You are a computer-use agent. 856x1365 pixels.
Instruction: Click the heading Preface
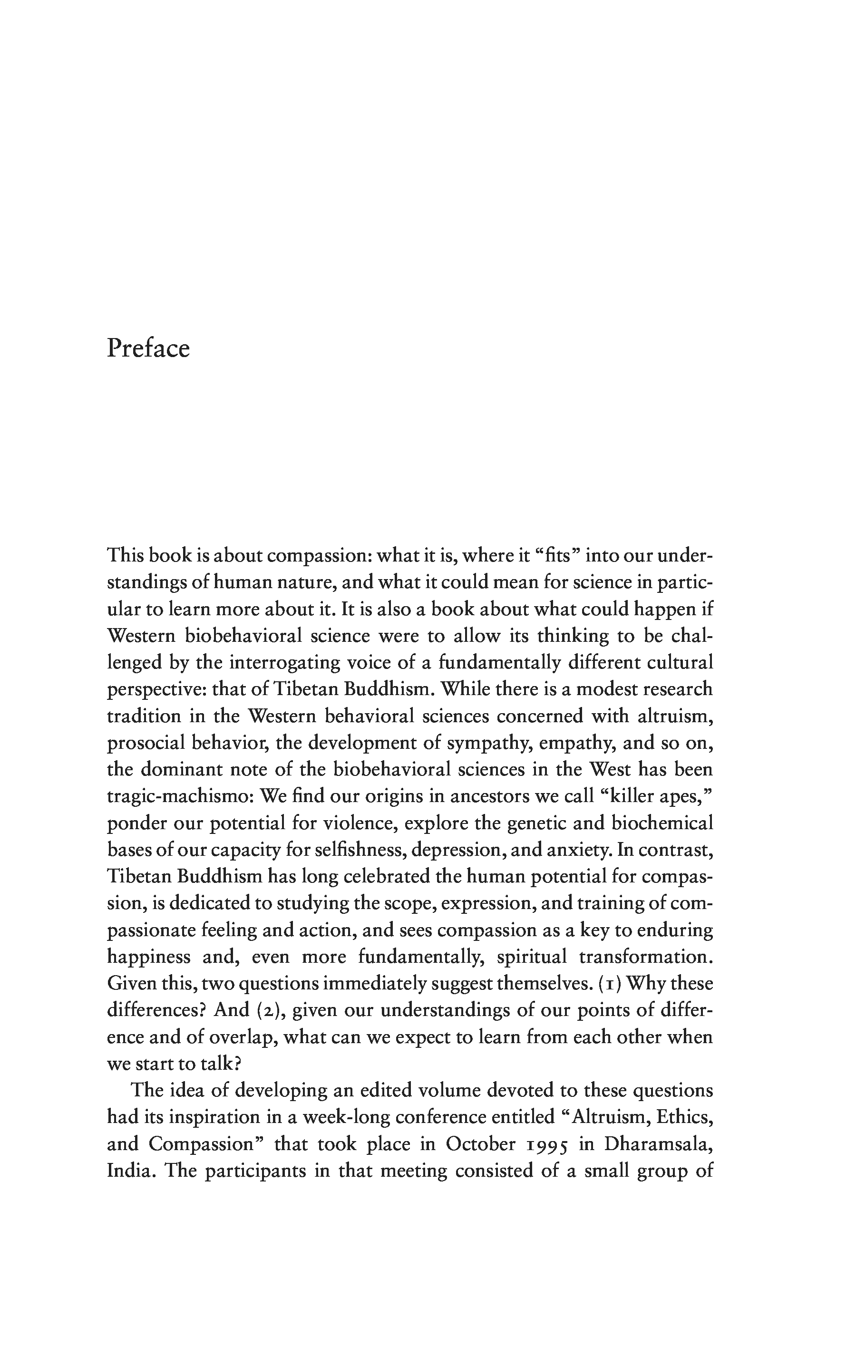click(x=148, y=349)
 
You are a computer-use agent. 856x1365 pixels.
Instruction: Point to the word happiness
click(x=149, y=957)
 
